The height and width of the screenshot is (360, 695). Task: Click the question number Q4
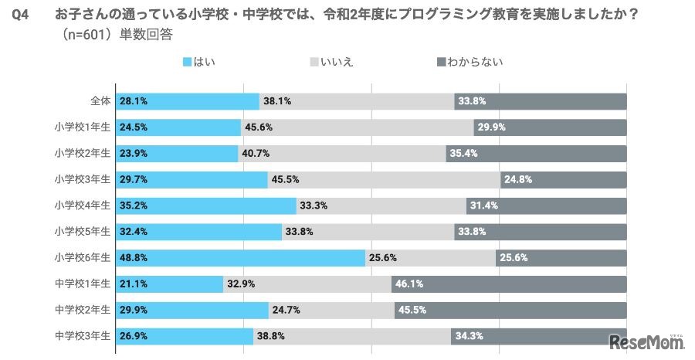click(x=21, y=14)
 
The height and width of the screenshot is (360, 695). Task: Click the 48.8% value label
click(x=134, y=258)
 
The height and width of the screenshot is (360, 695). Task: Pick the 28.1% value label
click(x=134, y=101)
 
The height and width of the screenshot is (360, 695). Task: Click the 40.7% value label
click(x=256, y=154)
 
